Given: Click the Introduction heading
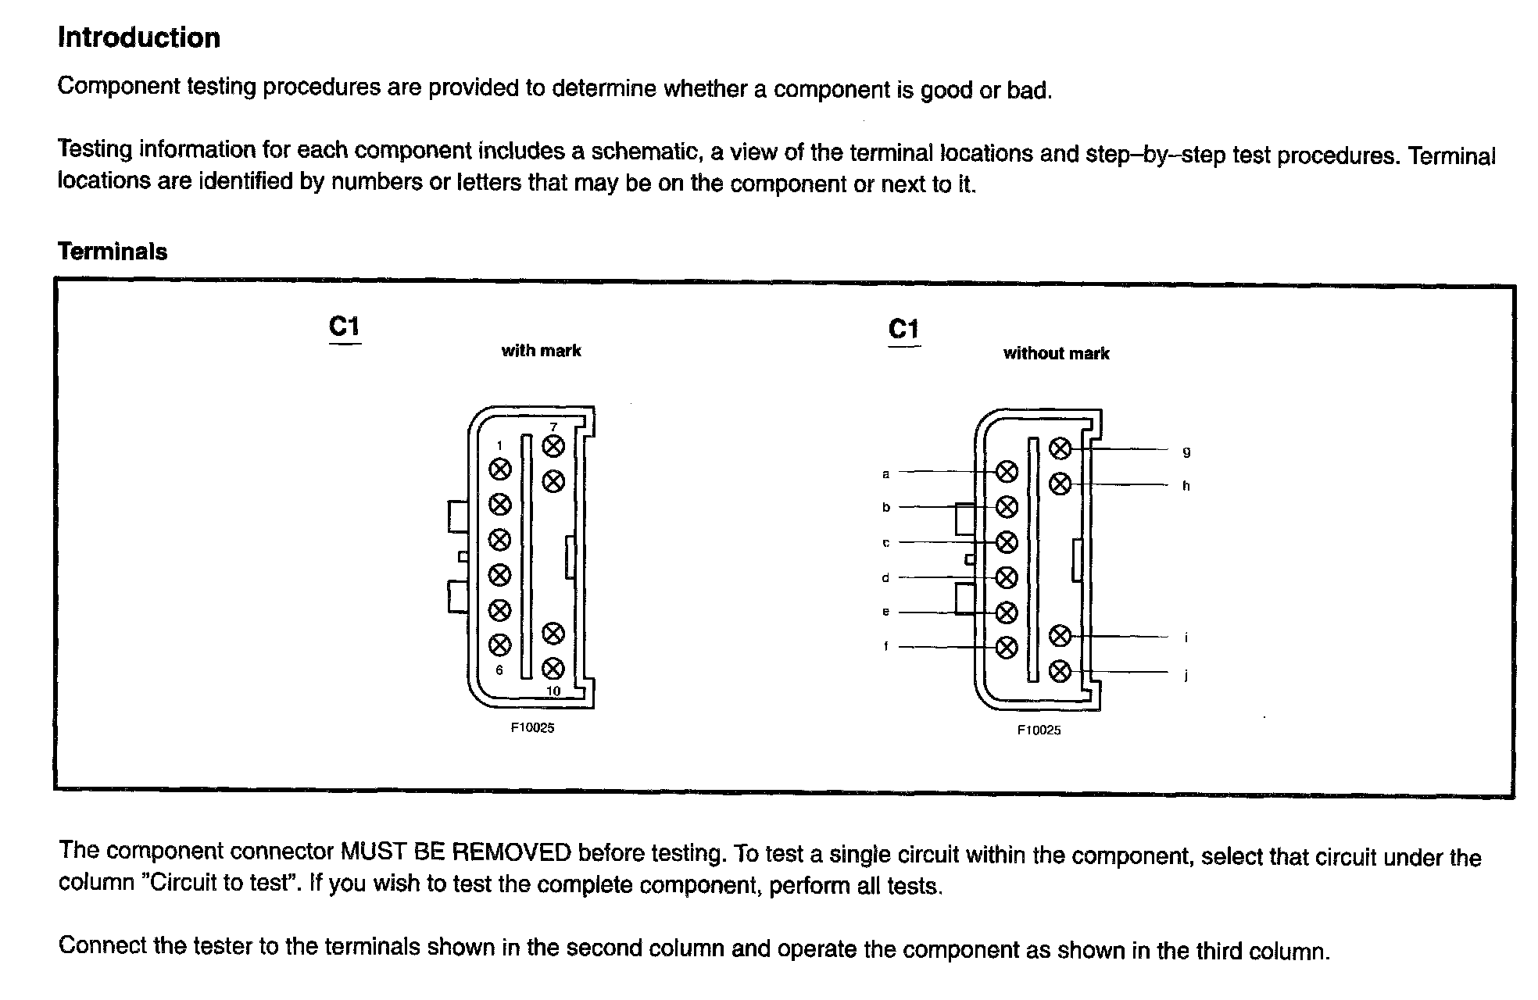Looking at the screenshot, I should point(139,38).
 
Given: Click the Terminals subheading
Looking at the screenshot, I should point(113,252).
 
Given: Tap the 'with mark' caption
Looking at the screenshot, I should point(541,351).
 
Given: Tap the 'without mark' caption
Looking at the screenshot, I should point(1056,353).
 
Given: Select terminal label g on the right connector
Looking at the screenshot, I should point(1186,452).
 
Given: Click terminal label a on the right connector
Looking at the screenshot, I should point(885,473).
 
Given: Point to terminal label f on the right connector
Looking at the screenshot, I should point(885,647).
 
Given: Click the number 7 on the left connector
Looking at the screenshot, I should point(553,427).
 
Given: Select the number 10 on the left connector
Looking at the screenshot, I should point(553,691).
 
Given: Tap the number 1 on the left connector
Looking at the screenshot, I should point(500,446).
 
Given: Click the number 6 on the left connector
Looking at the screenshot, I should point(499,670).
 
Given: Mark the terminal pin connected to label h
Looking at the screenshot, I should point(1060,484).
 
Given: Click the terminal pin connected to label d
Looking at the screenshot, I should point(1007,577).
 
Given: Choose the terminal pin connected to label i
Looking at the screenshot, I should point(1060,636).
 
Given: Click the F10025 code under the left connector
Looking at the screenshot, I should point(532,727).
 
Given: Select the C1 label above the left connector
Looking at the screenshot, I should point(344,326).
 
